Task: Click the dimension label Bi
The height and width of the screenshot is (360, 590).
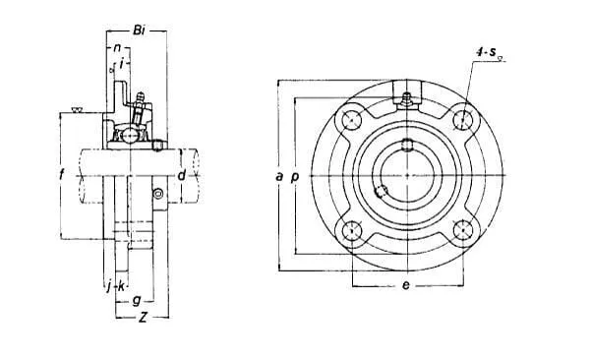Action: pos(139,30)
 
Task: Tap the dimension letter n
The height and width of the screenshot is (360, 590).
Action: pos(118,48)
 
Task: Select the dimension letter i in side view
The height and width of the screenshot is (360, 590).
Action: pos(121,64)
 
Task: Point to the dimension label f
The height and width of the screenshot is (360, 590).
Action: pos(62,175)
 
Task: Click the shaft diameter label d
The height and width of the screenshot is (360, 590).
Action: pos(182,175)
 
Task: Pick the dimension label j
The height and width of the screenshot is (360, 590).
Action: pos(109,286)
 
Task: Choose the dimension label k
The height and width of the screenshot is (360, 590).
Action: pos(121,286)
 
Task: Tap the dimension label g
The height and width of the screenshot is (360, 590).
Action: pos(137,301)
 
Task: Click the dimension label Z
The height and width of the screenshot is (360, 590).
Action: pos(143,318)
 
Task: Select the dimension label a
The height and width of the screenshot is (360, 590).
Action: pos(279,176)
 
